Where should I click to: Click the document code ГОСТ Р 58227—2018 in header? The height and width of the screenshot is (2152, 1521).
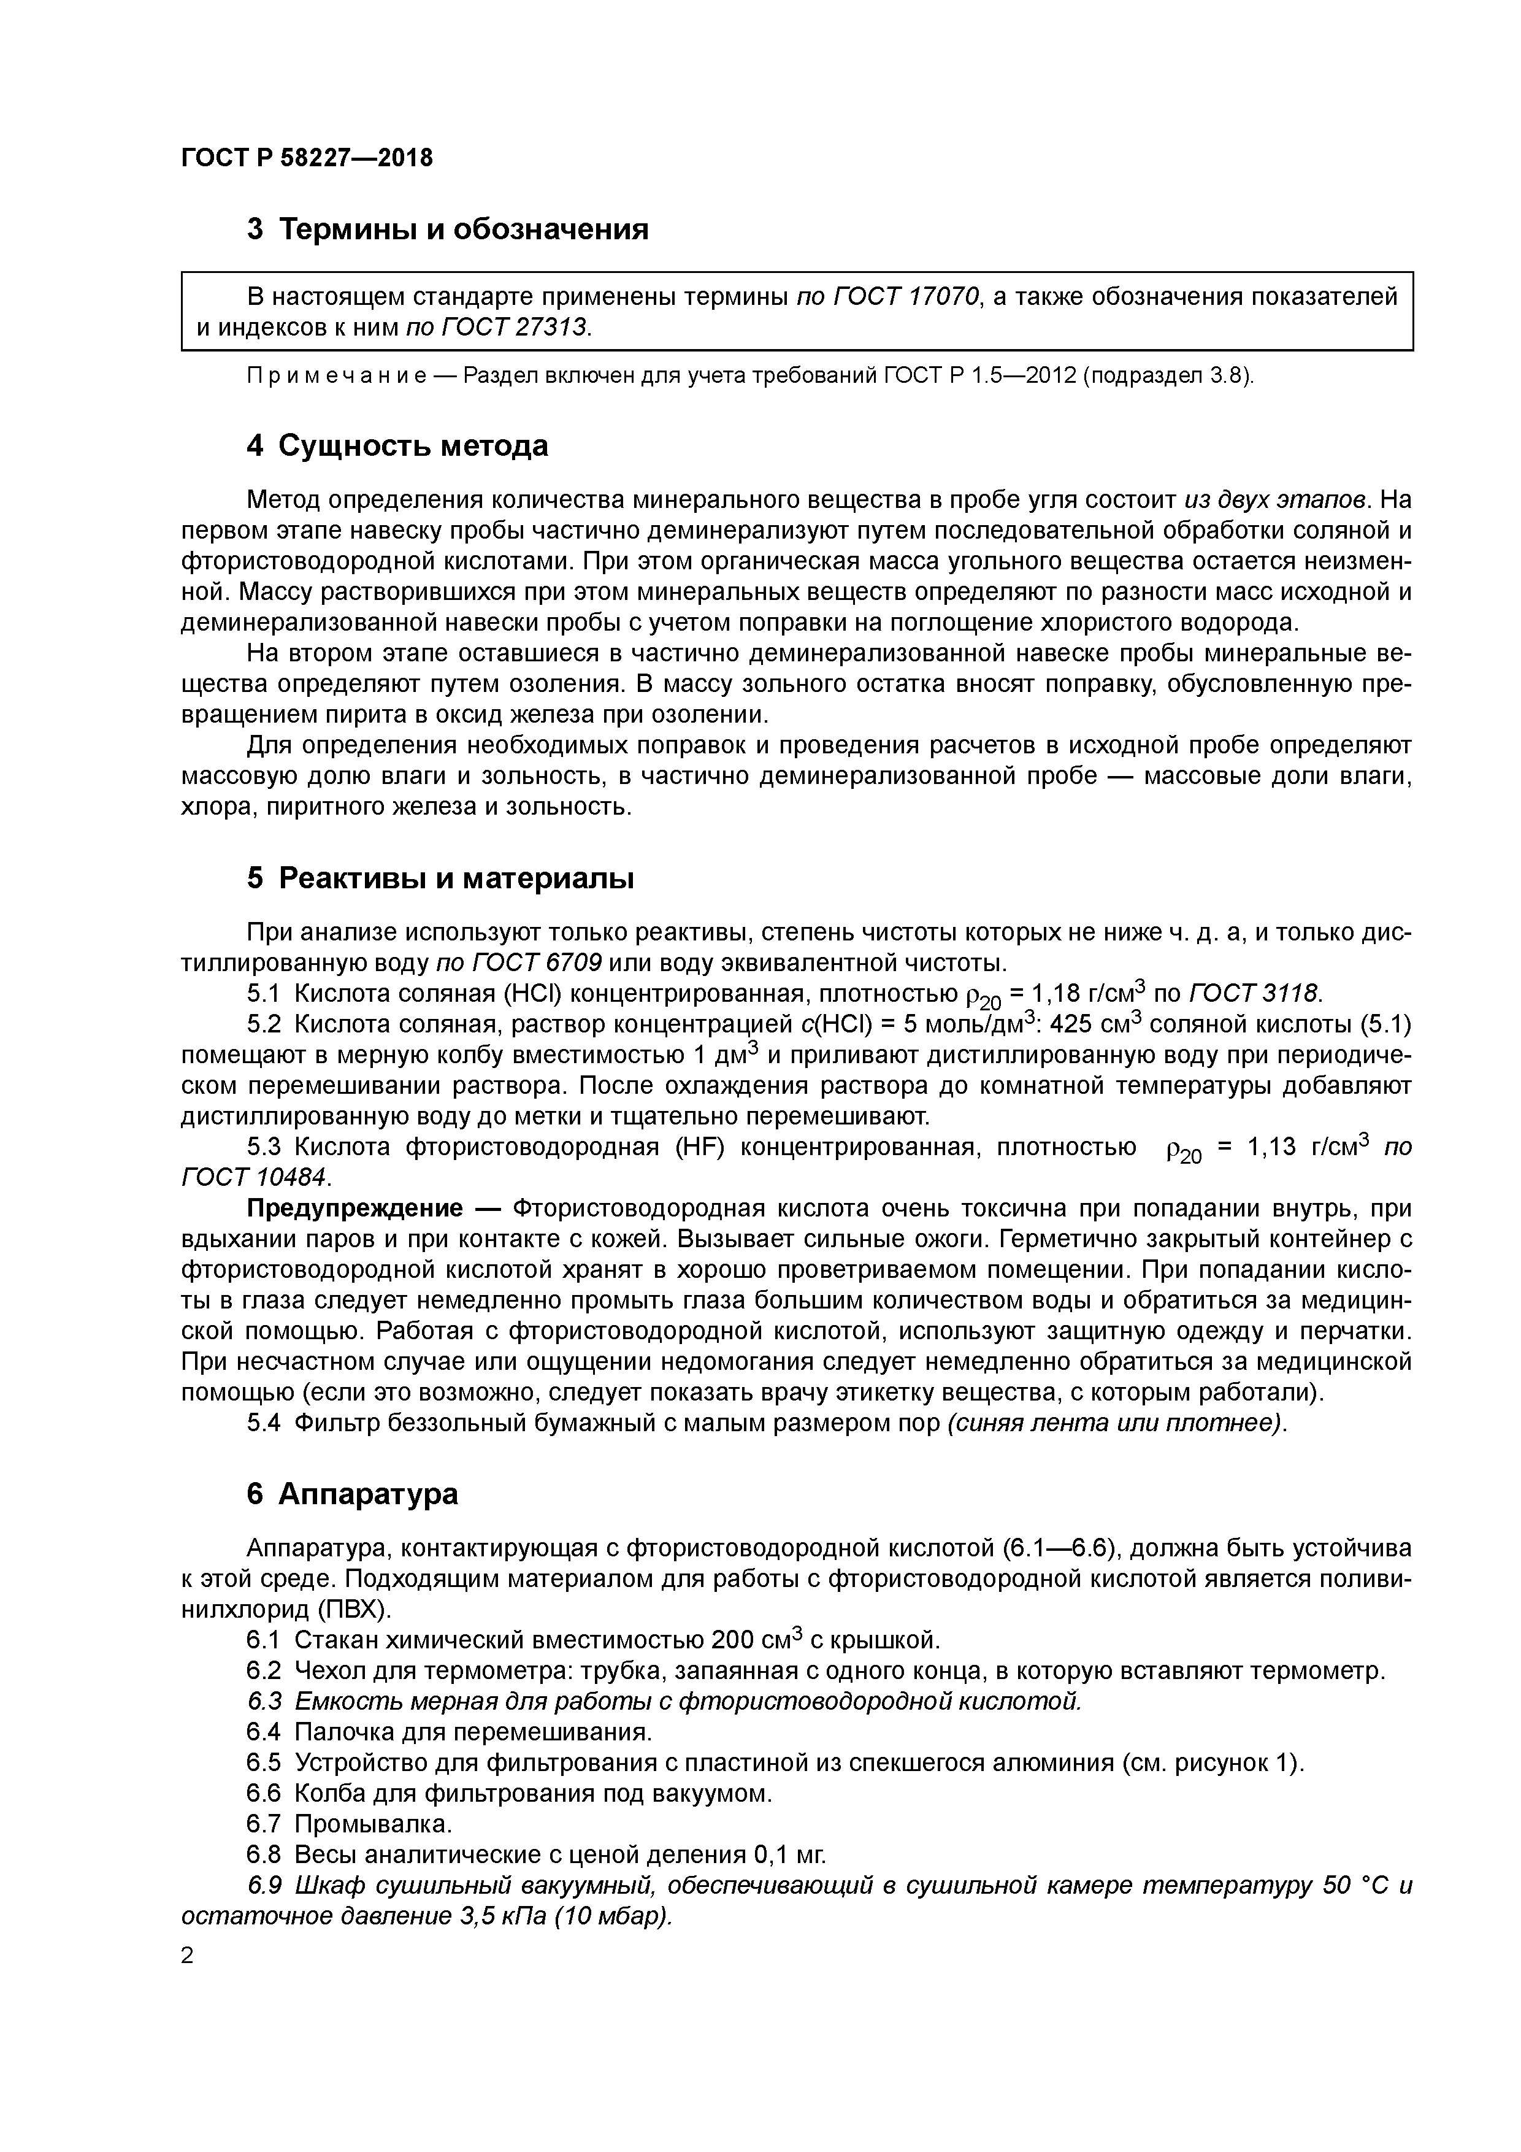[x=307, y=158]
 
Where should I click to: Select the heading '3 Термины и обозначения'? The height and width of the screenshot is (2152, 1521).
[x=447, y=229]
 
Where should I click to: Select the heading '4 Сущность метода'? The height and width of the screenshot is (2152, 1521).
[x=397, y=445]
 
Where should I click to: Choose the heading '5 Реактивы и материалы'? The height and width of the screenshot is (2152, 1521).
[x=440, y=878]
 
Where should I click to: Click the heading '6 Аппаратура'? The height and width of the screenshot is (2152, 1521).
[x=353, y=1494]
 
